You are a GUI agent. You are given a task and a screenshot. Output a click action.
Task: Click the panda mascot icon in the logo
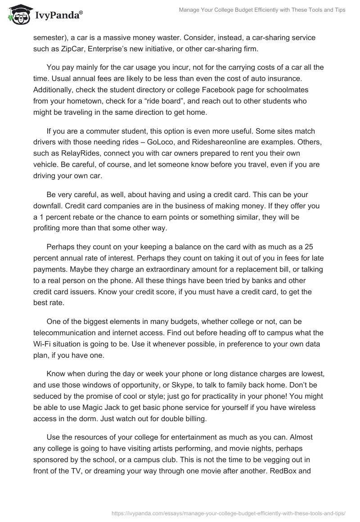tap(17, 14)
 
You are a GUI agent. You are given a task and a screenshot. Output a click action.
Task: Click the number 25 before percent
tap(309, 247)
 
